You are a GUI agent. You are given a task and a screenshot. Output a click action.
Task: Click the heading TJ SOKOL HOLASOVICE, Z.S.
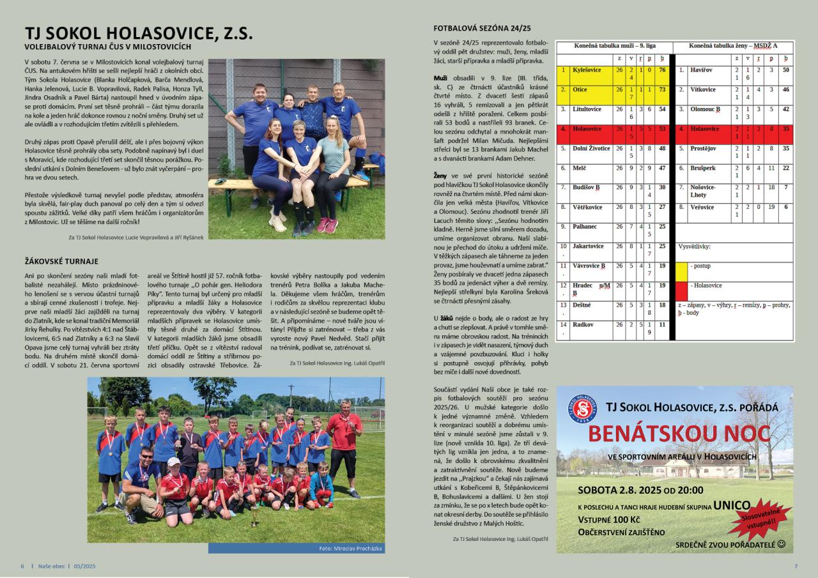coord(139,33)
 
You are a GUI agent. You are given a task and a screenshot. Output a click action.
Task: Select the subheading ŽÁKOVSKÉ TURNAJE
coord(61,261)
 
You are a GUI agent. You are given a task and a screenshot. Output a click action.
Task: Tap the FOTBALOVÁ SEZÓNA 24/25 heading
coord(482,29)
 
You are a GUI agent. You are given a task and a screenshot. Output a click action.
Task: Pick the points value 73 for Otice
coord(662,89)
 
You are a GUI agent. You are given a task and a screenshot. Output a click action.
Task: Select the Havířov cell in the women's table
coord(701,70)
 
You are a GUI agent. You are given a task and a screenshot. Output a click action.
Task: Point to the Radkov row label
coord(583,324)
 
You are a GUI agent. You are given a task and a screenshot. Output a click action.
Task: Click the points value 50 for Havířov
coord(785,70)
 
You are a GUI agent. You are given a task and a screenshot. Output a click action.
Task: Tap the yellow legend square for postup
coord(682,271)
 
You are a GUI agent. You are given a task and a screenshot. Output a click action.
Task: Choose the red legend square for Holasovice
coord(682,291)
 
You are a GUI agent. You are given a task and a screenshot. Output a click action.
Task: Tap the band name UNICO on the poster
coord(731,505)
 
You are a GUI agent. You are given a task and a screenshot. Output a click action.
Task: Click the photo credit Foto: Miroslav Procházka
coord(350,549)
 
